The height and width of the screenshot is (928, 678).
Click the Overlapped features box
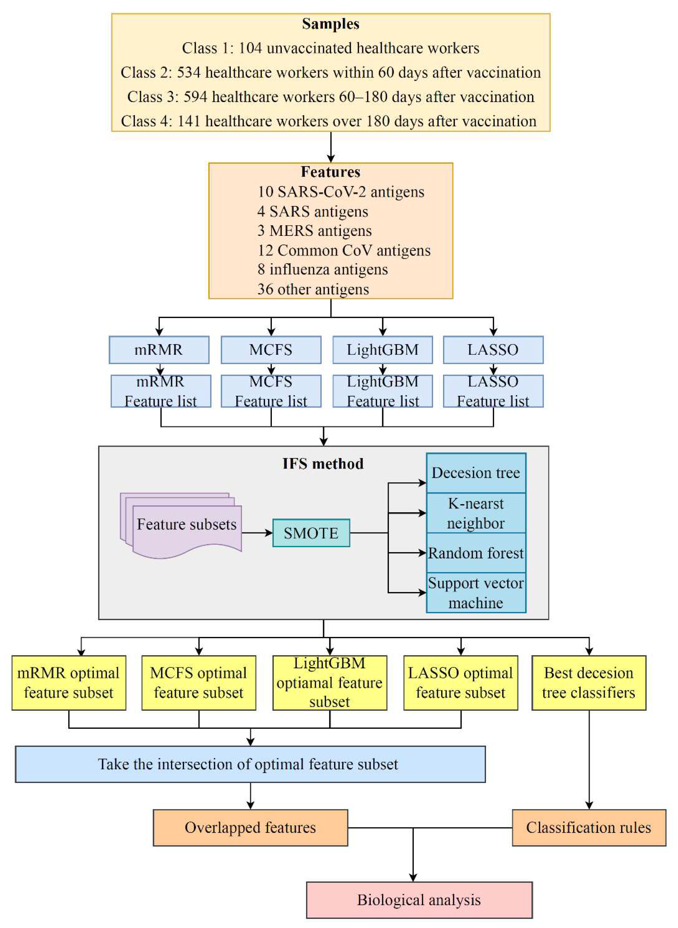coord(250,827)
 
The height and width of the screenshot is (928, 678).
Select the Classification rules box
coord(589,827)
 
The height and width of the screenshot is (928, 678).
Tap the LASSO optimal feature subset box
coord(460,683)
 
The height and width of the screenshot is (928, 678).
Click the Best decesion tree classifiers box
coord(589,683)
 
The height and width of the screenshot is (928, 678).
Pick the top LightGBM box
coord(382,350)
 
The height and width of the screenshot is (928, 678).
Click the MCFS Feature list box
coord(271,391)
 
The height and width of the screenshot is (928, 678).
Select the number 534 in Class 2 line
coord(189,72)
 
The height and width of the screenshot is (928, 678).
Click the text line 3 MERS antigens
coord(314,231)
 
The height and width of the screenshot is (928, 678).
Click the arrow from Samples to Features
coord(331,147)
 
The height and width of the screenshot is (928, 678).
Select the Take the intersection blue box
coord(250,764)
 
